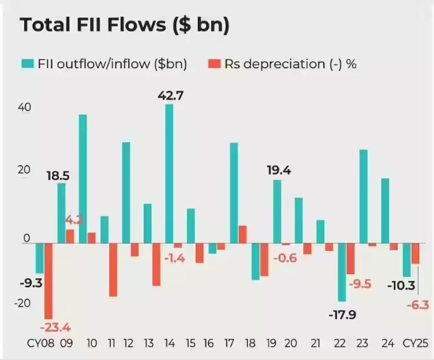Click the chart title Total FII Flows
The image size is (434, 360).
click(124, 25)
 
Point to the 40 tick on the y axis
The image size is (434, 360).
click(27, 108)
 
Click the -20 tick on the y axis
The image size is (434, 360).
click(23, 303)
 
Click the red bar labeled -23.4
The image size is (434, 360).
click(48, 280)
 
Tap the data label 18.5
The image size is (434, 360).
click(57, 176)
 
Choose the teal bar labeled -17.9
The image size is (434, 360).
click(342, 272)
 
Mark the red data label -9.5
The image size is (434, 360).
click(360, 284)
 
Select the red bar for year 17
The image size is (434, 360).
click(242, 234)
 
